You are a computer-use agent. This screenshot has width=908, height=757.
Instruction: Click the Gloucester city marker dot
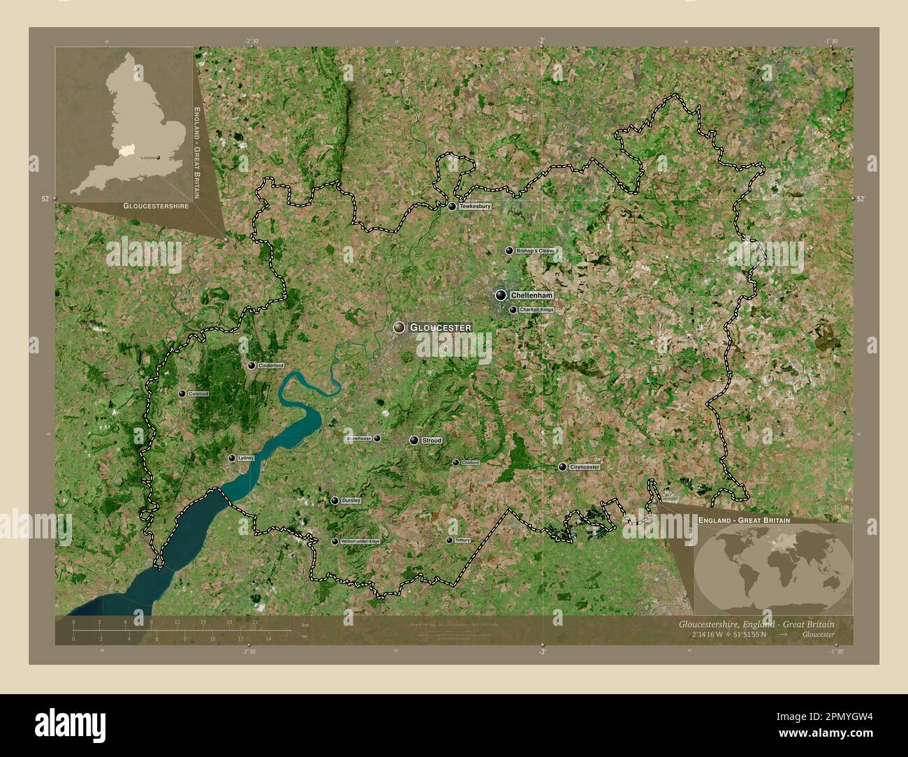pyautogui.click(x=399, y=327)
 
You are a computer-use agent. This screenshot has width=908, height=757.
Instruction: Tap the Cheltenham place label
pyautogui.click(x=532, y=295)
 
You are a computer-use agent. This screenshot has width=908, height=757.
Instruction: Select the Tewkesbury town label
pyautogui.click(x=475, y=207)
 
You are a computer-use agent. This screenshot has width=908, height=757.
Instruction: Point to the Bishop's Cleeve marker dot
pyautogui.click(x=509, y=251)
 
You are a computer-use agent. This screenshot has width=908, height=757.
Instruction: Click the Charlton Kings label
pyautogui.click(x=536, y=309)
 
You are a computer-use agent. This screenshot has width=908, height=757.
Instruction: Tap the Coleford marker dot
pyautogui.click(x=182, y=394)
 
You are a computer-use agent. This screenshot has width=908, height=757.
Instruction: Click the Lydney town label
pyautogui.click(x=245, y=458)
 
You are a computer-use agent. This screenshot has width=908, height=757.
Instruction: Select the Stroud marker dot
pyautogui.click(x=414, y=441)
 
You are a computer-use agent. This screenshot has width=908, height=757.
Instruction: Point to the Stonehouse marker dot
pyautogui.click(x=377, y=439)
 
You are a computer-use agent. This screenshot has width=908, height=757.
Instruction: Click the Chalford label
pyautogui.click(x=470, y=462)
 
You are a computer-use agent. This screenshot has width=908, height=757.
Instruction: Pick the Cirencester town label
pyautogui.click(x=585, y=466)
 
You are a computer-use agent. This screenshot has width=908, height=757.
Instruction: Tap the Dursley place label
pyautogui.click(x=351, y=501)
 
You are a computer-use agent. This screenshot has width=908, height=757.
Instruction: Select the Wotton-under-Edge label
pyautogui.click(x=360, y=541)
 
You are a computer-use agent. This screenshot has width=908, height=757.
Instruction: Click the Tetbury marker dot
pyautogui.click(x=449, y=540)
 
